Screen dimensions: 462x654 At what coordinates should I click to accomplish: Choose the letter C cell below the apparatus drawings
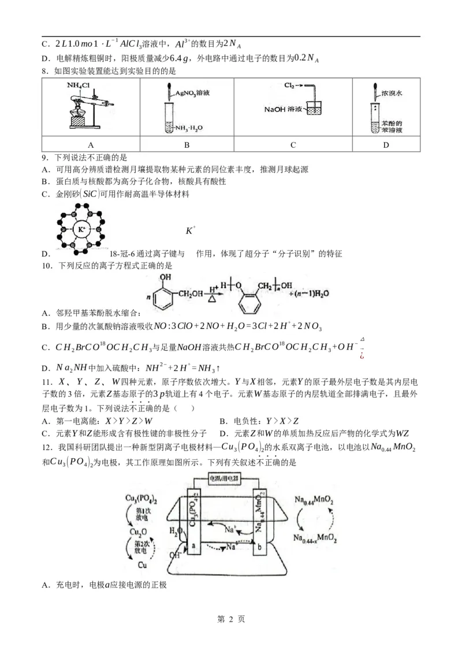293,146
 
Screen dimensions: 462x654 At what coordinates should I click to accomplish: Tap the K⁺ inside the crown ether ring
81,229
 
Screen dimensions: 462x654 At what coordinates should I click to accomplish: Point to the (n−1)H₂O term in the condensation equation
309,293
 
